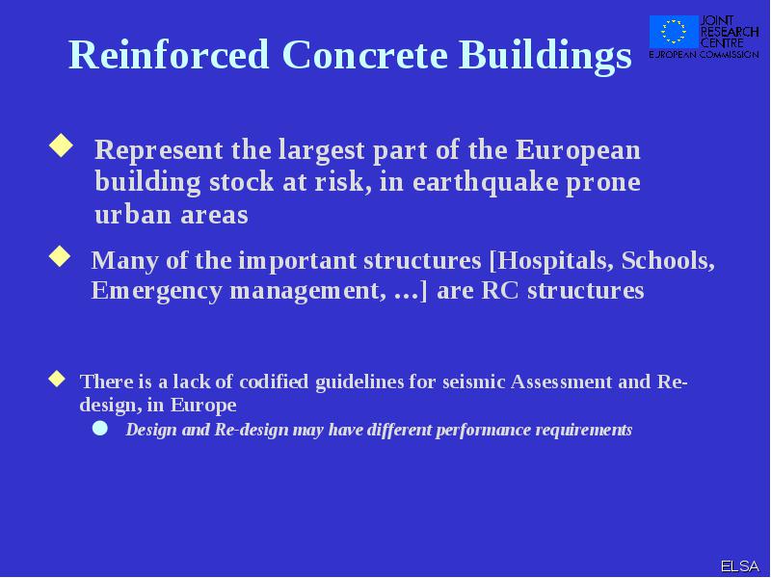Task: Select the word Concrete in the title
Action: [365, 55]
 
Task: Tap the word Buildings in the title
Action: [545, 57]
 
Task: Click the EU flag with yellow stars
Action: [674, 31]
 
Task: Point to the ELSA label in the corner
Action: [739, 566]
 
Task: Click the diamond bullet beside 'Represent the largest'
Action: [62, 145]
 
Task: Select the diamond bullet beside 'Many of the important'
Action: [60, 256]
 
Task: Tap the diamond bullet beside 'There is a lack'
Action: [57, 379]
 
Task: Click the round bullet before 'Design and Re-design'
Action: [100, 428]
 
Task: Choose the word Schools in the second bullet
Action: [668, 260]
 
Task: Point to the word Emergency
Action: [156, 291]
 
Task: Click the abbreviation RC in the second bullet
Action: [500, 290]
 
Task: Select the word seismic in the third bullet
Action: [474, 381]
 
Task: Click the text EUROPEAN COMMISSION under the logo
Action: [704, 54]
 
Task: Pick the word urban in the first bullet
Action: [133, 214]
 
